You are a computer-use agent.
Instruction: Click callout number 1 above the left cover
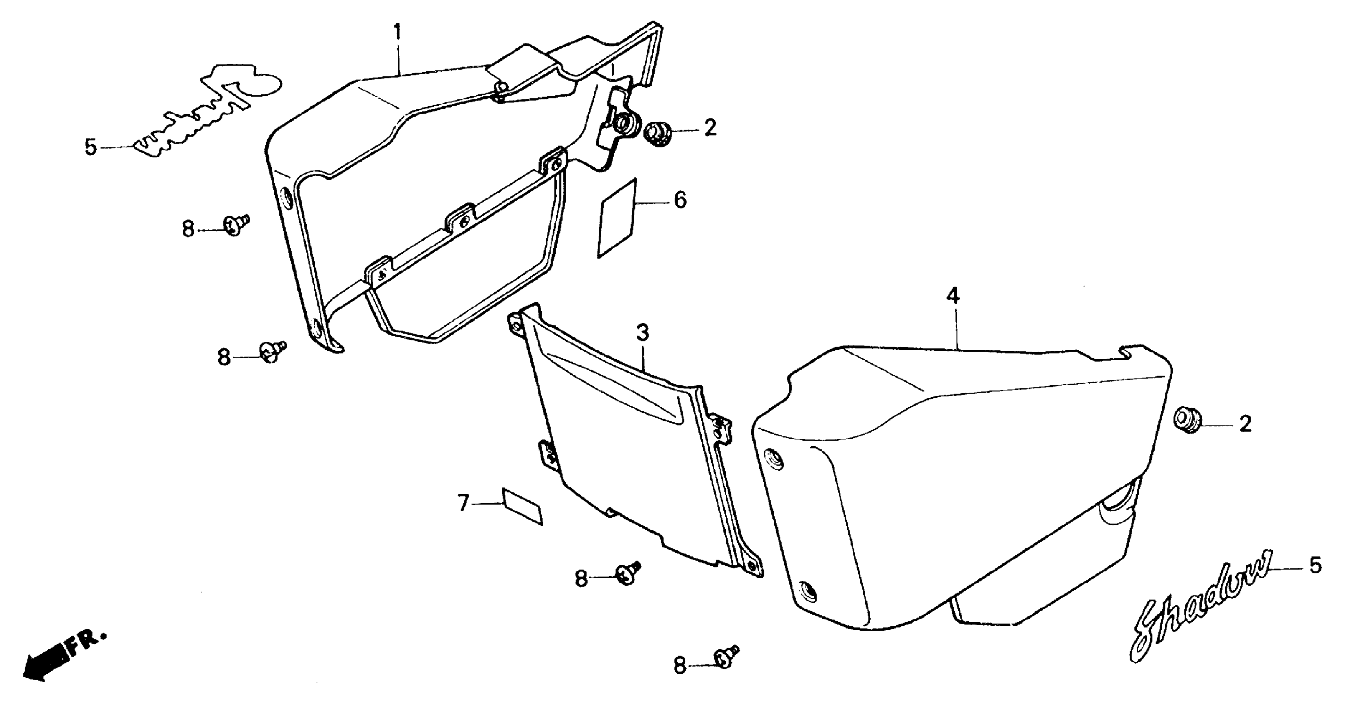398,33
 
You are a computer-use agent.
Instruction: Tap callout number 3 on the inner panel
642,332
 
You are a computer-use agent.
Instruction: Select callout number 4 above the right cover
953,297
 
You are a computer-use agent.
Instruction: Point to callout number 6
680,200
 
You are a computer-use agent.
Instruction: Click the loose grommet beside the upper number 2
657,134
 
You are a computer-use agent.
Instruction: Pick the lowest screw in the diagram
726,657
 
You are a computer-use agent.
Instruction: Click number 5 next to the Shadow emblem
1314,566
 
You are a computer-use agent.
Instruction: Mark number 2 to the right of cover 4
1245,423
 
